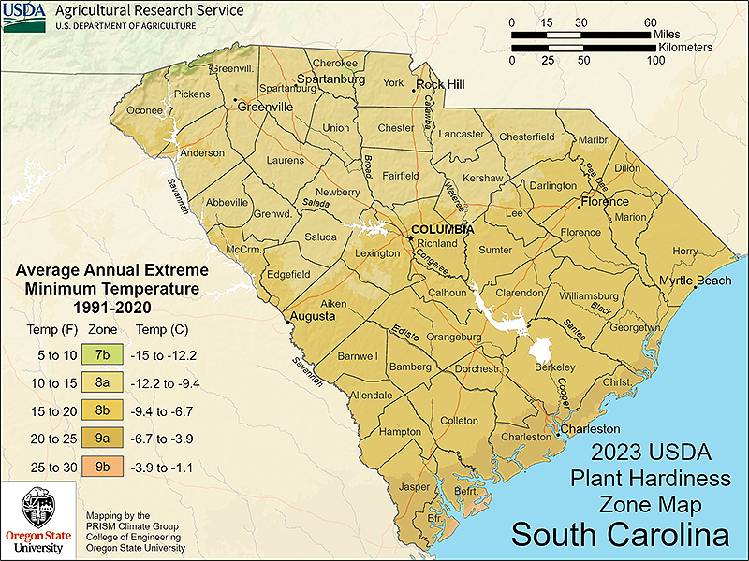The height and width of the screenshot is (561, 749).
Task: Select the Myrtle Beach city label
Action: coord(695,280)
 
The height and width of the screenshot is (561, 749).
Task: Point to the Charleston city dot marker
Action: coord(559,432)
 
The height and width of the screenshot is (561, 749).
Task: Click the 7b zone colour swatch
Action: coord(101,356)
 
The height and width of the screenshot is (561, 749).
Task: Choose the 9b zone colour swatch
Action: coord(101,466)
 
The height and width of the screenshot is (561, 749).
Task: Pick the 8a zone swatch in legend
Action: coord(101,383)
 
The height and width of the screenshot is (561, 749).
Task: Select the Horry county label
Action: coord(684,251)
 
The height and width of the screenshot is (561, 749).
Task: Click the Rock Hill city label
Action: coord(441,84)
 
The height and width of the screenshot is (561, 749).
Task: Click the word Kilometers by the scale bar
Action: coord(685,47)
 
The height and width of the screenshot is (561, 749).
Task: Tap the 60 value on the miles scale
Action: coord(651,22)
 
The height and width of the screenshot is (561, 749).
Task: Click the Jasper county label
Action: coord(413,487)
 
